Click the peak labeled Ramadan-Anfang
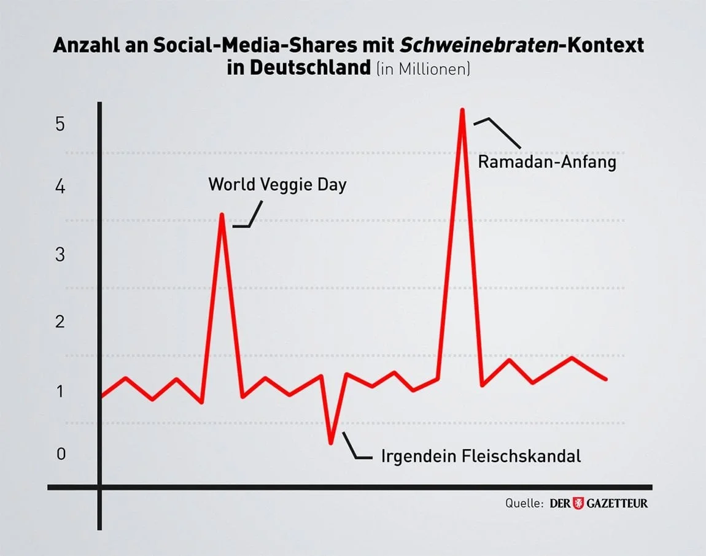462,110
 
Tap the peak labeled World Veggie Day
222,215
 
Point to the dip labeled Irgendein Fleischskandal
331,442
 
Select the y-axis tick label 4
60,187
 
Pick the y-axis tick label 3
60,255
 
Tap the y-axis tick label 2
60,322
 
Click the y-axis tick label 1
60,390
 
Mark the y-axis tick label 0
60,454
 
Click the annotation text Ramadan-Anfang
546,163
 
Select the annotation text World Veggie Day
277,184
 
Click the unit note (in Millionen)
423,69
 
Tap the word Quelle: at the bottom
524,503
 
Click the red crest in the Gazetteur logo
578,503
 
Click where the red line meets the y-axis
100,396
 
